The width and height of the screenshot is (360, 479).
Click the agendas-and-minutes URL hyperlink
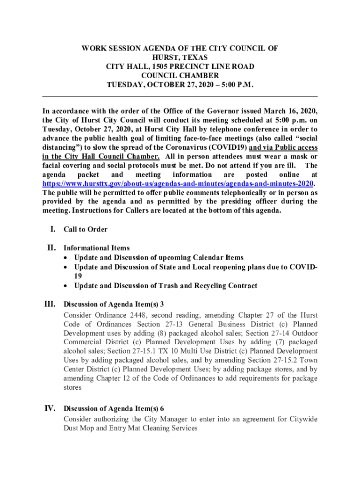coord(178,183)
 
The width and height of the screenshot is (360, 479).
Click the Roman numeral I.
coord(53,229)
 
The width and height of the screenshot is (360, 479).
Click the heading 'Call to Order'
coord(86,230)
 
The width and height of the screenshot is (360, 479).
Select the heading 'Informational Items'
coord(97,248)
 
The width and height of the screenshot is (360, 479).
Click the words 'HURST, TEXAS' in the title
coord(180,58)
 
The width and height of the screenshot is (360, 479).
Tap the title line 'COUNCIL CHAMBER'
coord(180,76)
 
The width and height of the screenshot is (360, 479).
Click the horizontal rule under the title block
coord(180,96)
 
